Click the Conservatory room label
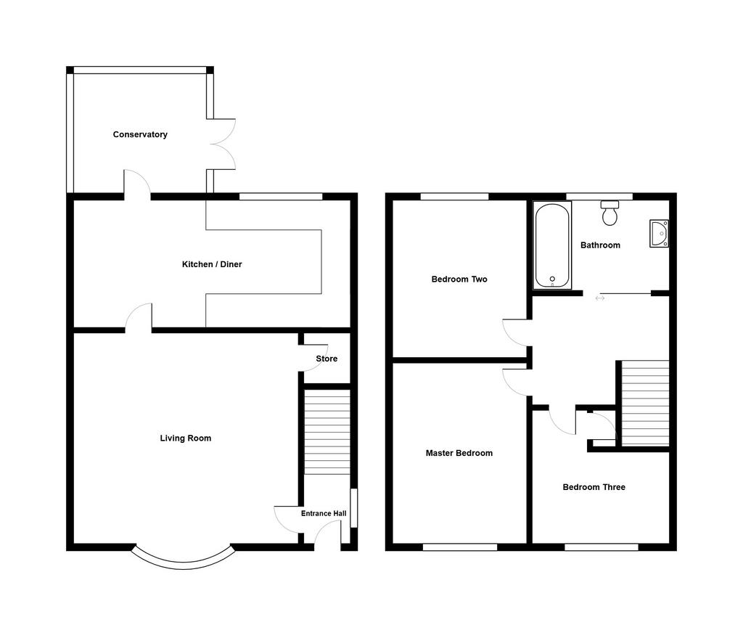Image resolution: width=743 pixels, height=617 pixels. [x=140, y=134]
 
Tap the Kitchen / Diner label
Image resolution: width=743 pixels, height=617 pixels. [x=212, y=264]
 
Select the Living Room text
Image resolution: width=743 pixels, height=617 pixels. [x=185, y=438]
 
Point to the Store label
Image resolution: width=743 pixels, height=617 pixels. [x=327, y=359]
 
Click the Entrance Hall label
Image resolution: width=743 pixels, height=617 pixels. [x=324, y=513]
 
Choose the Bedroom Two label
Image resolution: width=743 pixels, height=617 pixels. [x=459, y=279]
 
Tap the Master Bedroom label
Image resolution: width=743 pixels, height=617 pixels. [x=459, y=453]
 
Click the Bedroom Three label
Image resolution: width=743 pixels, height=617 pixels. [x=594, y=487]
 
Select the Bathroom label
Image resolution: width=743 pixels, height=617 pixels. [x=600, y=245]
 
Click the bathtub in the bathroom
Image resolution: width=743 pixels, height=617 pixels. [x=552, y=245]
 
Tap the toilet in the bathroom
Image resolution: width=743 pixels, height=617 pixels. [x=609, y=213]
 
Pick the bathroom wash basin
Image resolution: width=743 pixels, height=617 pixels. [x=659, y=233]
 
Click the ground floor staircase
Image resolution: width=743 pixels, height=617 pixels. [x=327, y=431]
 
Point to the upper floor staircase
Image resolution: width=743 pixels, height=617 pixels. [x=645, y=404]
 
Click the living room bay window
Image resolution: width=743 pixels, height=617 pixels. [x=184, y=560]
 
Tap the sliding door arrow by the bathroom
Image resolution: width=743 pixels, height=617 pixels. [x=600, y=298]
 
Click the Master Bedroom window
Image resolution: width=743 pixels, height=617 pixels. [x=459, y=547]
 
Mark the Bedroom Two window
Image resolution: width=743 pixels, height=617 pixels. [x=454, y=197]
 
